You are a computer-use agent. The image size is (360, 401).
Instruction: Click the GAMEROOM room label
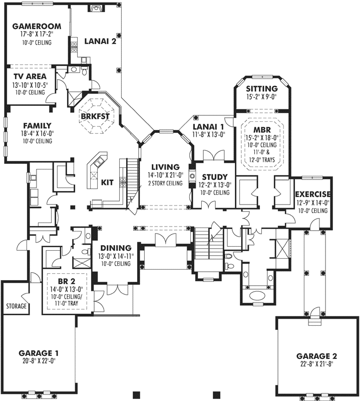[37, 26]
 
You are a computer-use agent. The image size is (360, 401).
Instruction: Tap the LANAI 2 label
[100, 42]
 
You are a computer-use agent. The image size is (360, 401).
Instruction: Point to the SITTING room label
[261, 89]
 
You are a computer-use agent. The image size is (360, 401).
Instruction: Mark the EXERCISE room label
[312, 194]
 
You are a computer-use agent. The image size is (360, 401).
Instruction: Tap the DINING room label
[116, 248]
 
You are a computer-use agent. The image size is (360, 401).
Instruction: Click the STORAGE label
[16, 306]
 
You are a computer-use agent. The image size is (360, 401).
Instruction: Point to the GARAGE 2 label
[316, 356]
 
